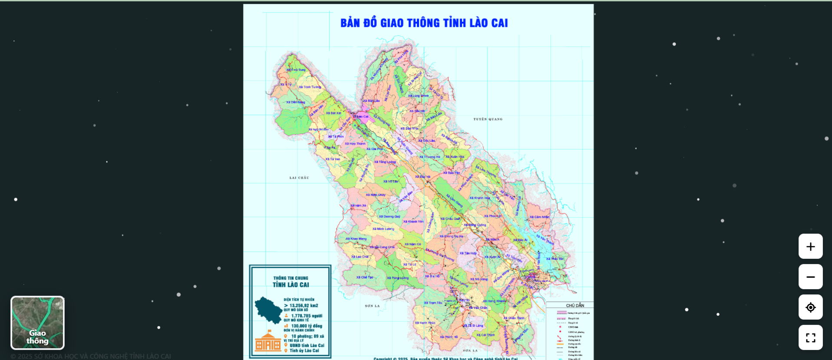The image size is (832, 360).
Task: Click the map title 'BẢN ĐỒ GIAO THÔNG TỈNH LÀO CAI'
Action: click(424, 23)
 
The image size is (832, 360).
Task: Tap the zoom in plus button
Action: click(810, 247)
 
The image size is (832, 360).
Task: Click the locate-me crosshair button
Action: click(810, 307)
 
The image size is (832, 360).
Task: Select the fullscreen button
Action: click(810, 337)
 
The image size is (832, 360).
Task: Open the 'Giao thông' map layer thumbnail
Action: click(38, 323)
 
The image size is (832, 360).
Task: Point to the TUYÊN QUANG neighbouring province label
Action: click(488, 119)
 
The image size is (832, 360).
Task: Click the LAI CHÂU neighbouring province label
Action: click(299, 178)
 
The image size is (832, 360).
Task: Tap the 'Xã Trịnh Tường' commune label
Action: click(310, 87)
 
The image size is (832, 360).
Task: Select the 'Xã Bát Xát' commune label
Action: click(334, 113)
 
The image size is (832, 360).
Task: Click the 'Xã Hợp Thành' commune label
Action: click(355, 143)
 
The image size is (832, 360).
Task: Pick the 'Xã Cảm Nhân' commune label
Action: click(539, 217)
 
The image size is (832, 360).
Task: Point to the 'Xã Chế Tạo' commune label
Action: click(365, 277)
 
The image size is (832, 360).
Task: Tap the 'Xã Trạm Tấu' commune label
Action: click(433, 303)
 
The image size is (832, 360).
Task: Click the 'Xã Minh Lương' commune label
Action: click(383, 229)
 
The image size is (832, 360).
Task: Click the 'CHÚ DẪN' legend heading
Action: click(575, 305)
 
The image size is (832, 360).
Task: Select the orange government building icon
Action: click(268, 341)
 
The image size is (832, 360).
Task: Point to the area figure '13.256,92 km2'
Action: click(303, 305)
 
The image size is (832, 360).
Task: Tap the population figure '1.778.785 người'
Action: click(306, 316)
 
